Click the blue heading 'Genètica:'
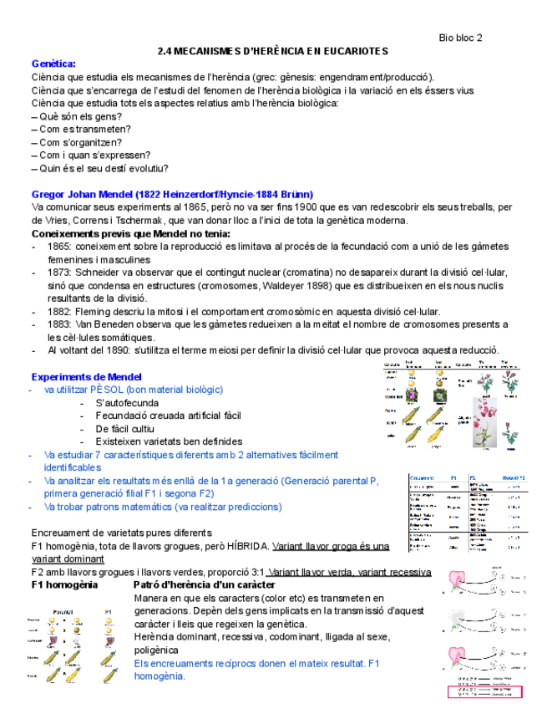coord(53,64)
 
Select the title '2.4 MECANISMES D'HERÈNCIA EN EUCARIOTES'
coord(273,51)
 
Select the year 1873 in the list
coord(59,273)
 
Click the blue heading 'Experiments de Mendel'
coord(86,377)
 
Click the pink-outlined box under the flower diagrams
coord(484,691)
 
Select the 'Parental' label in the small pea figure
coord(65,611)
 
